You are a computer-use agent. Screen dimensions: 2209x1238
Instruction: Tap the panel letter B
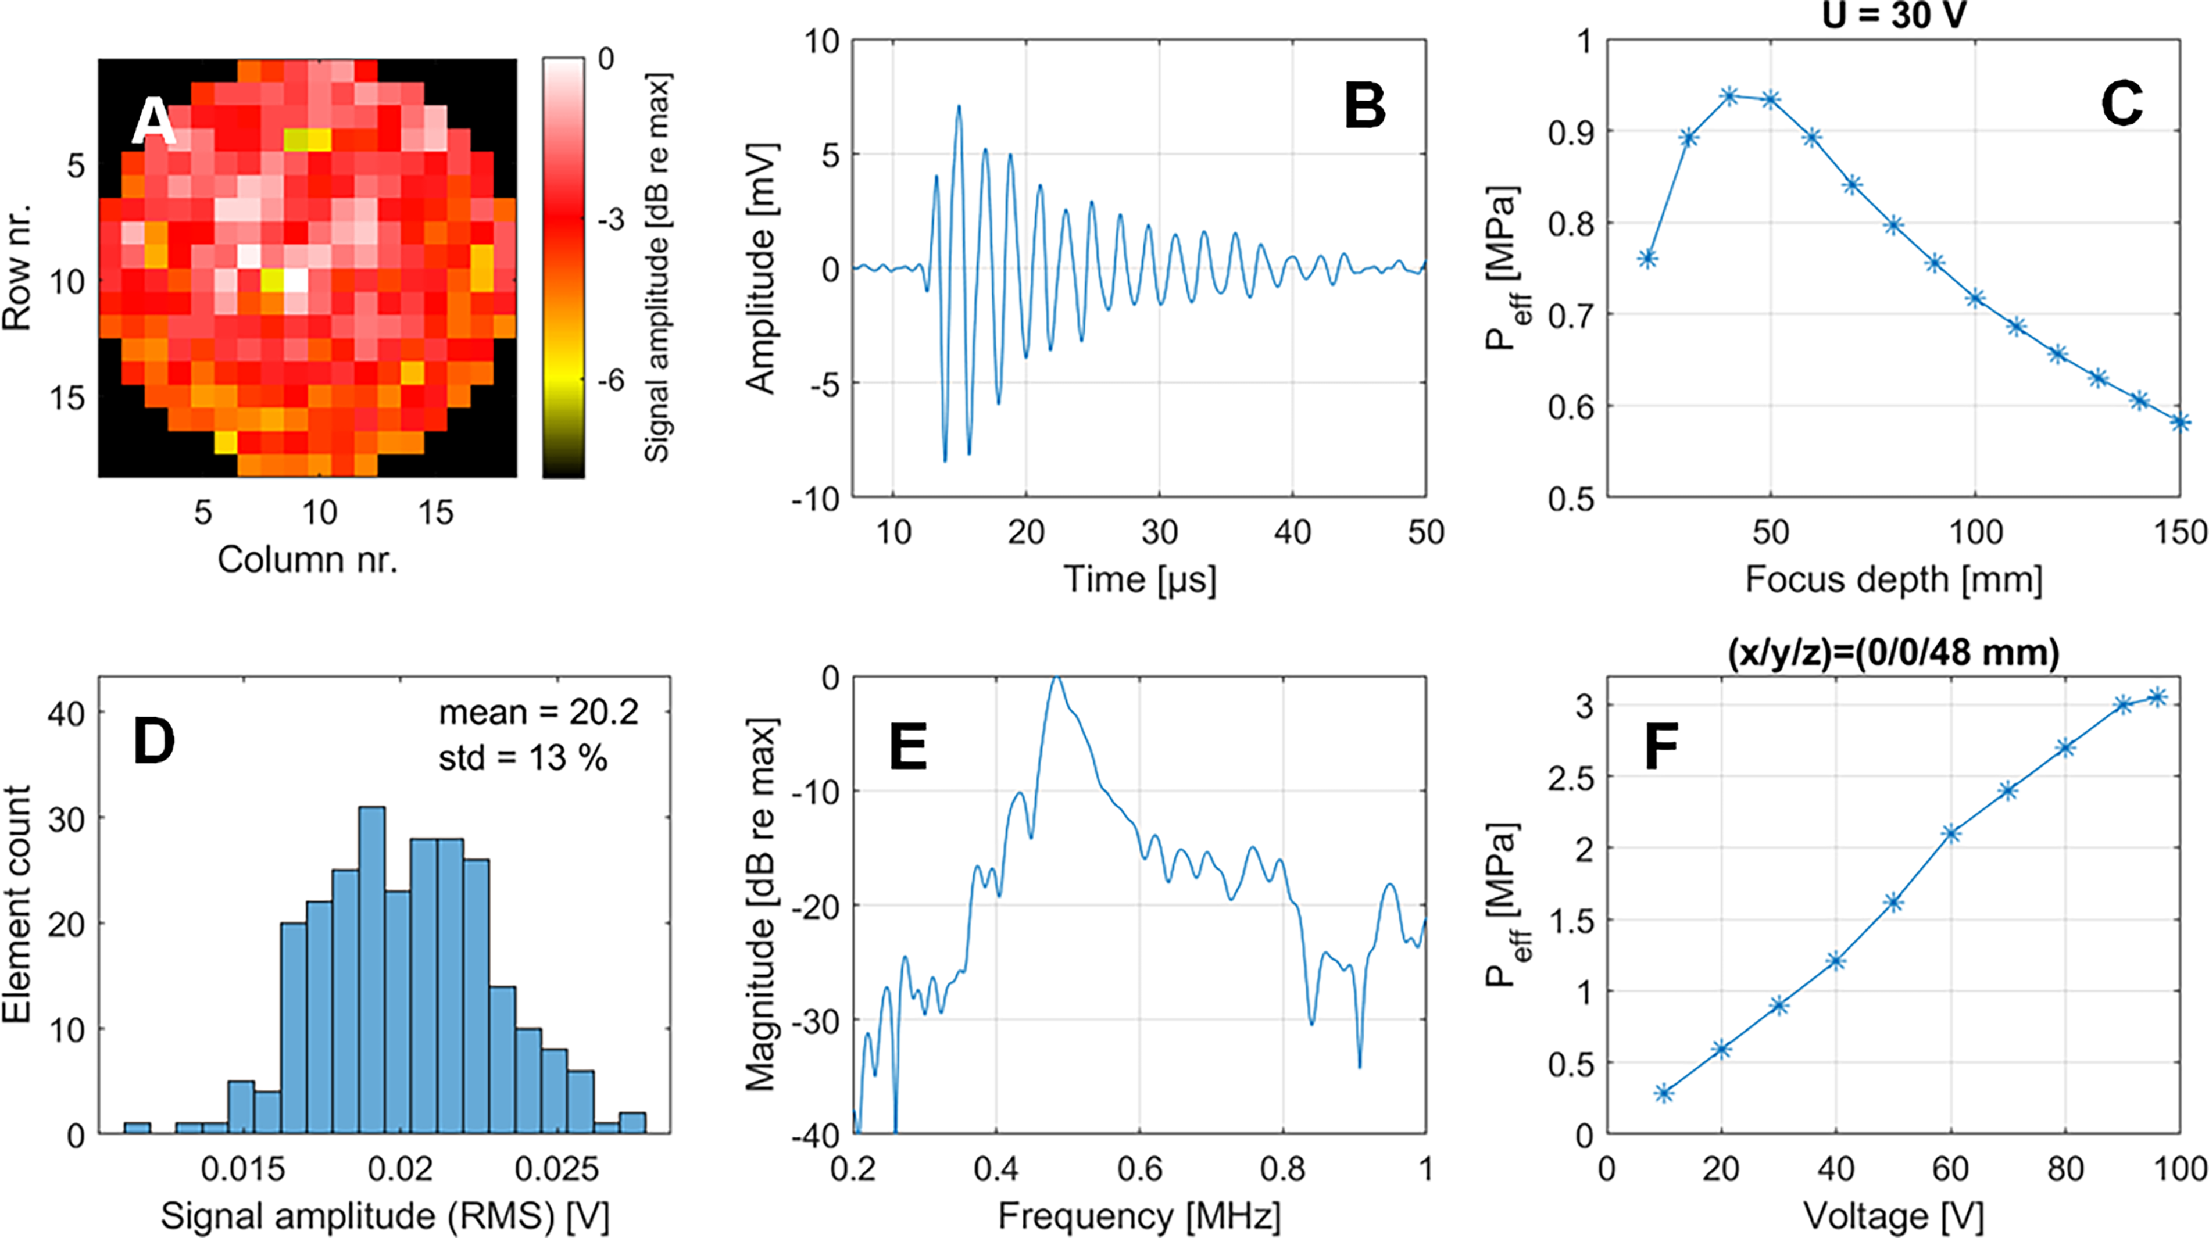point(1364,106)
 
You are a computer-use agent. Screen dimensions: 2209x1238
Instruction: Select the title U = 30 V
point(1893,15)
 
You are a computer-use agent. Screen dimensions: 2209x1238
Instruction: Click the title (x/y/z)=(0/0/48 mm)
point(1893,653)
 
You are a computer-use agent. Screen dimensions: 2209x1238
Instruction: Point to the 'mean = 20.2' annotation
point(538,713)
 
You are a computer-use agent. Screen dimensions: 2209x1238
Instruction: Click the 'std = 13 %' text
point(523,758)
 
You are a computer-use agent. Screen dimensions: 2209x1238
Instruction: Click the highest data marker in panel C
point(1729,96)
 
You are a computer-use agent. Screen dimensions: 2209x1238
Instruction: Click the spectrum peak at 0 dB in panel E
point(1056,678)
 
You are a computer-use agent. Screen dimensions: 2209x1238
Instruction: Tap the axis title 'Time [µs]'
point(1139,579)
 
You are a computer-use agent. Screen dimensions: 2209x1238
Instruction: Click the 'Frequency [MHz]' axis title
point(1139,1216)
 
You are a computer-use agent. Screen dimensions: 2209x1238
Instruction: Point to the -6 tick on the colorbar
point(610,381)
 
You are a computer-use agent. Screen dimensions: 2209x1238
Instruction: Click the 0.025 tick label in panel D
point(556,1169)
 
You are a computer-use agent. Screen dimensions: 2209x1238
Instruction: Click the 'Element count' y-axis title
point(17,904)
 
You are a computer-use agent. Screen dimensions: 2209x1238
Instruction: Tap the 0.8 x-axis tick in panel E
point(1283,1169)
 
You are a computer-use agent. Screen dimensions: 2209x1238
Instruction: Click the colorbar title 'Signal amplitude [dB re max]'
point(657,267)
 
